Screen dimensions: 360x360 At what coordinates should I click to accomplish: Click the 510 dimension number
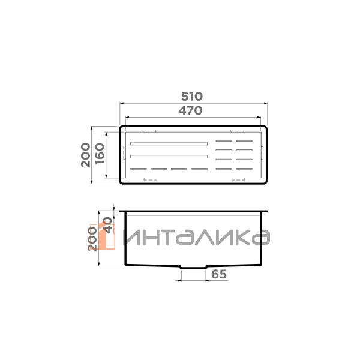coord(193,96)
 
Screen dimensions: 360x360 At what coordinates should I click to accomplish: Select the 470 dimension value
coord(193,110)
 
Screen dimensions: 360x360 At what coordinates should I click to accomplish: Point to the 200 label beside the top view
coord(86,155)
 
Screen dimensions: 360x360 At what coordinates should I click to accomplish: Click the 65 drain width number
coord(219,275)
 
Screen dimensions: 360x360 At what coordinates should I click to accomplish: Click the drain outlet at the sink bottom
coord(193,267)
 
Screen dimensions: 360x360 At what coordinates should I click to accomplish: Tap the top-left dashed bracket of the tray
coord(149,130)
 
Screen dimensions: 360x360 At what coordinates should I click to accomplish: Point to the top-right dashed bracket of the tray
coord(238,130)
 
